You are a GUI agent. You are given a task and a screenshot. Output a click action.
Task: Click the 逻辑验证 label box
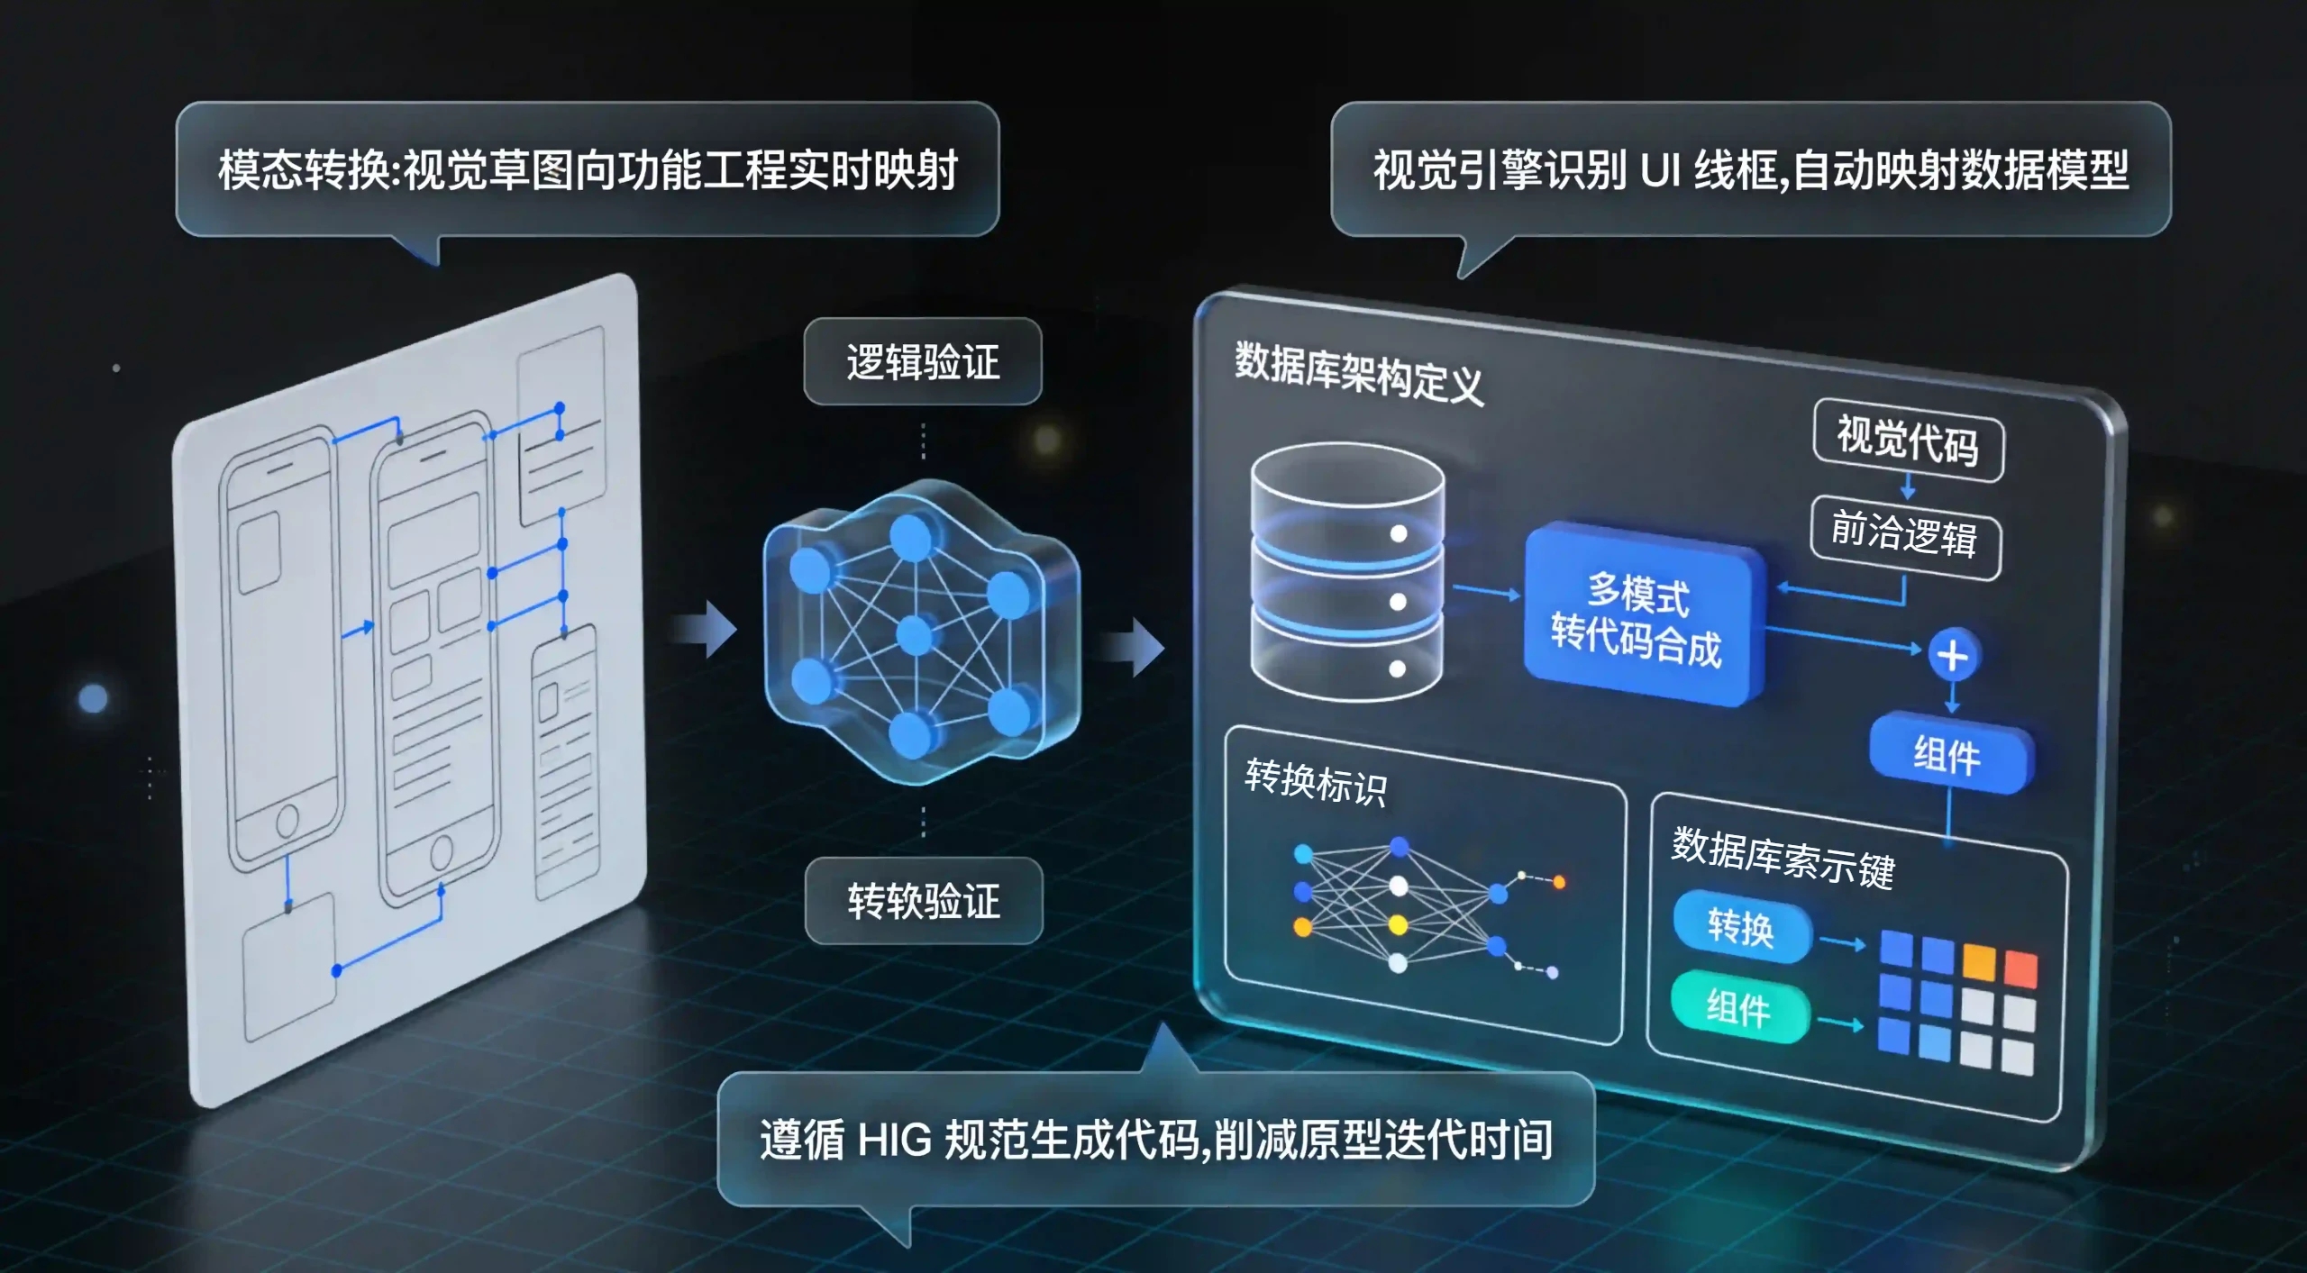coord(923,361)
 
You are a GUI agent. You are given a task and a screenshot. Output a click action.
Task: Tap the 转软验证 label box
coord(924,901)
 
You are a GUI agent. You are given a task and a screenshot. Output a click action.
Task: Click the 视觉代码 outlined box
coord(1909,441)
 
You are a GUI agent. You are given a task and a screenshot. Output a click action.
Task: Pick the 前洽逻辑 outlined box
coord(1906,536)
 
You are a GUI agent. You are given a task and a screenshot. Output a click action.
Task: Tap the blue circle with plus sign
coord(1953,655)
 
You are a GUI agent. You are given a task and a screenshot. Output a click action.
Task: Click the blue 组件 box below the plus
coord(1949,753)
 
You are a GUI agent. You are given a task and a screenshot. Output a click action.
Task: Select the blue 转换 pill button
coord(1742,927)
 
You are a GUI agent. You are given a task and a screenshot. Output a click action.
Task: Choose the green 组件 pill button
coord(1739,1007)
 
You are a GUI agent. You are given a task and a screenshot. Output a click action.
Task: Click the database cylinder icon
coord(1347,572)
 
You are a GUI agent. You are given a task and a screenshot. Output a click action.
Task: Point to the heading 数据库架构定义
coord(1359,373)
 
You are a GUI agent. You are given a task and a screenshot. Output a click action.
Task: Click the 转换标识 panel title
coord(1316,781)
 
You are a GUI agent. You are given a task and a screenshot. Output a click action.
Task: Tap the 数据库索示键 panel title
coord(1783,857)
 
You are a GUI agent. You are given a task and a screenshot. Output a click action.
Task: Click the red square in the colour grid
coord(2020,969)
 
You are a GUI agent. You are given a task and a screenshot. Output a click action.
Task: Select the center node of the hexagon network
coord(915,635)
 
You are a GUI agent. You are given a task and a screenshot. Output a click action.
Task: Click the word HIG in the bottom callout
coord(895,1141)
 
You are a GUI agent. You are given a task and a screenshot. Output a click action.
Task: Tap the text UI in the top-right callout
coord(1660,170)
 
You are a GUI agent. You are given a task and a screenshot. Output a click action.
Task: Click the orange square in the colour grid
coord(1980,961)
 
